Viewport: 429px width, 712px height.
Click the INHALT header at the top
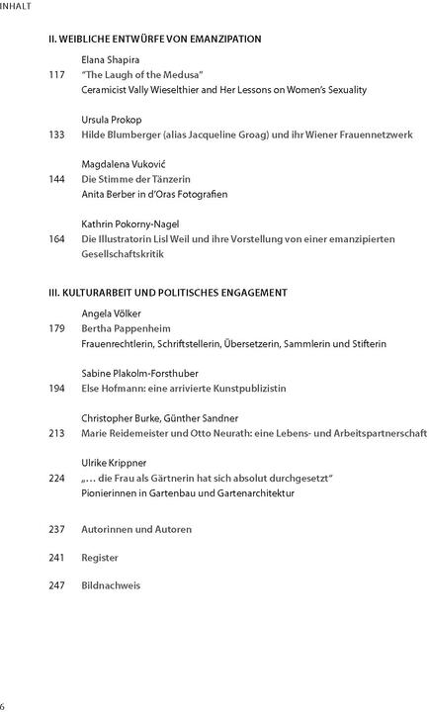[x=16, y=6]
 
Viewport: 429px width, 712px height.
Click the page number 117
[x=56, y=75]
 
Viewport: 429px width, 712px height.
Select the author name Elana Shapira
[x=112, y=60]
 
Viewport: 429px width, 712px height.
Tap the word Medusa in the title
[x=183, y=75]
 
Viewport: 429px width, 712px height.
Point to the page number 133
[x=56, y=134]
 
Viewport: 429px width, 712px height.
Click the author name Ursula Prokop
[x=111, y=120]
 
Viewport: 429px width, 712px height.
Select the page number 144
[x=56, y=179]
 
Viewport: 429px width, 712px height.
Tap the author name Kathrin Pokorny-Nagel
[x=129, y=224]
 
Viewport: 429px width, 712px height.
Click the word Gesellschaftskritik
[x=124, y=254]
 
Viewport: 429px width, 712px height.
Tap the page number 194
[x=56, y=389]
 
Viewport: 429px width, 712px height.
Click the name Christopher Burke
[x=121, y=418]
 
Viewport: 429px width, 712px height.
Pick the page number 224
[x=56, y=478]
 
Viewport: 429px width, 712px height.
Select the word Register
[x=100, y=557]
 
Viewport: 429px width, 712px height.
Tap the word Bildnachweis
[x=111, y=585]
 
